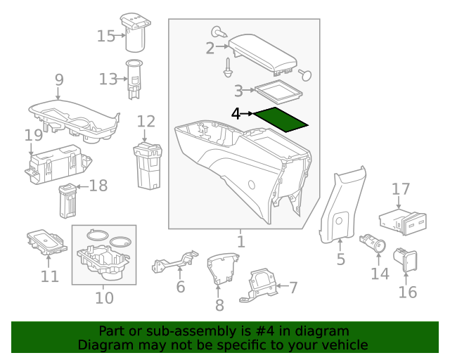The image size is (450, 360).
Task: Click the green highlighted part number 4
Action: (281, 120)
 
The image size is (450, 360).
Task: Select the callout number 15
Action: (105, 35)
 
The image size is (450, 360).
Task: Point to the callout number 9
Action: (59, 79)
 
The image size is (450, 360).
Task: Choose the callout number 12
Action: (146, 120)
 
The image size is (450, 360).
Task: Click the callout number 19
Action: (33, 134)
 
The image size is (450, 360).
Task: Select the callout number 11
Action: (49, 276)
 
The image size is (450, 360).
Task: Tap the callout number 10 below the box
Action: (104, 298)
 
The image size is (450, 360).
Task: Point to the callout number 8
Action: (219, 305)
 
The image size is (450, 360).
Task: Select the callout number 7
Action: (293, 287)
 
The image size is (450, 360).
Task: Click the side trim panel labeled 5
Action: (341, 211)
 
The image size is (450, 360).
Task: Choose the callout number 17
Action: (400, 188)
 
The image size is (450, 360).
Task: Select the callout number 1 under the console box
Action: (240, 243)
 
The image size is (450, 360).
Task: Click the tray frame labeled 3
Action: (278, 91)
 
